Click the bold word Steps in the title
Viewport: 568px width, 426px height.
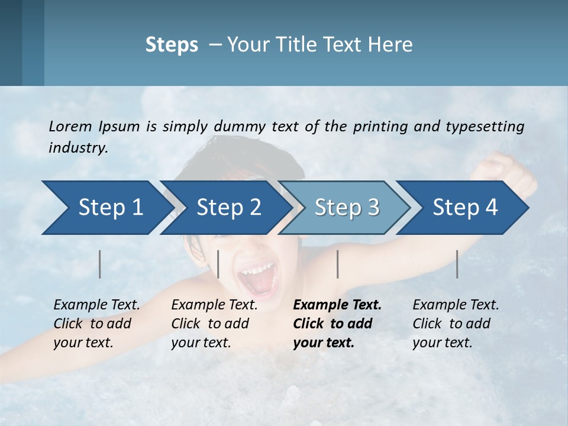coord(172,45)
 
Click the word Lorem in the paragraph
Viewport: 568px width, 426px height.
coord(70,126)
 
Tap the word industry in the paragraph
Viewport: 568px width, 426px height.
coord(78,147)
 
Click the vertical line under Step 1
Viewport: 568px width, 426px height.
coord(100,264)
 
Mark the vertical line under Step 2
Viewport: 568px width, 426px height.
coord(218,264)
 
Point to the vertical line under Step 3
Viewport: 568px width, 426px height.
coord(338,264)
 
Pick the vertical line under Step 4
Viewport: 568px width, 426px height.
coord(457,264)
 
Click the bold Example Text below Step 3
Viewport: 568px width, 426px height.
coord(337,305)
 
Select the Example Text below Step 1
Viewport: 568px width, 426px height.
coord(96,305)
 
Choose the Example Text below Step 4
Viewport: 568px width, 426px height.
coord(456,305)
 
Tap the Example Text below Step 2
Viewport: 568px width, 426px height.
coord(214,305)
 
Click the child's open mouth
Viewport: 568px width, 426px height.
coord(258,278)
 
